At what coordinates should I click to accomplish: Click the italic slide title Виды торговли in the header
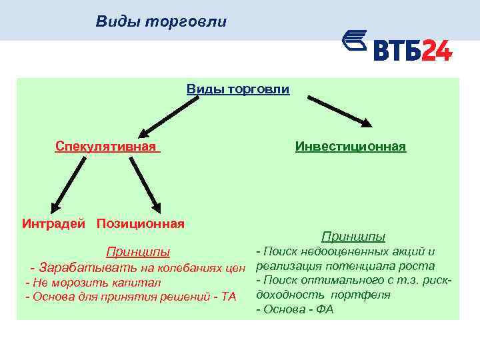[x=161, y=22]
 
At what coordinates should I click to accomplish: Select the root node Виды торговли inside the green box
[x=238, y=89]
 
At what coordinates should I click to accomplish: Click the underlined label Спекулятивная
[x=106, y=146]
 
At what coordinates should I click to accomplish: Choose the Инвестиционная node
[x=350, y=146]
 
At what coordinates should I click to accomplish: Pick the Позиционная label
[x=140, y=223]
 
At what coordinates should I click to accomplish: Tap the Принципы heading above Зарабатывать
[x=138, y=252]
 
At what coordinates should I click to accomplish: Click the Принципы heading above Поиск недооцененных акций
[x=353, y=237]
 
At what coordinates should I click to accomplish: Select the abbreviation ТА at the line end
[x=227, y=296]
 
